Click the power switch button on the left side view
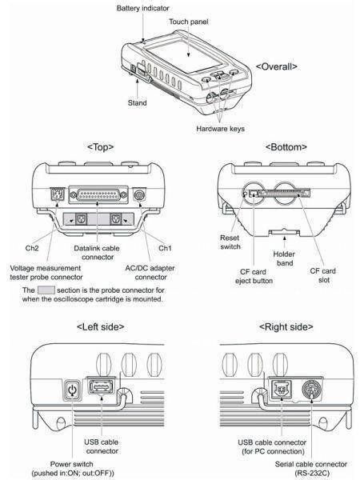point(73,390)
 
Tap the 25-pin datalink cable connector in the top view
point(98,194)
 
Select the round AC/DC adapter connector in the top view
point(140,194)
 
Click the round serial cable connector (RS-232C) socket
point(312,390)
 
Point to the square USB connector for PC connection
point(282,390)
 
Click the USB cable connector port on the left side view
point(102,386)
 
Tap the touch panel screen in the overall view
point(184,56)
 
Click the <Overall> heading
point(277,66)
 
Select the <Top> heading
point(101,147)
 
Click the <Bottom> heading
point(286,147)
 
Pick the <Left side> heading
point(101,327)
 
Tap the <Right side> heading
point(286,327)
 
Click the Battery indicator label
point(142,8)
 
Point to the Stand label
point(137,103)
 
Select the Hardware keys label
point(221,129)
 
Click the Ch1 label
point(165,248)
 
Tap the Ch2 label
point(32,248)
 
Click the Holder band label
point(284,258)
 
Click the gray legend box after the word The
point(46,290)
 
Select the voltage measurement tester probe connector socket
point(57,194)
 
